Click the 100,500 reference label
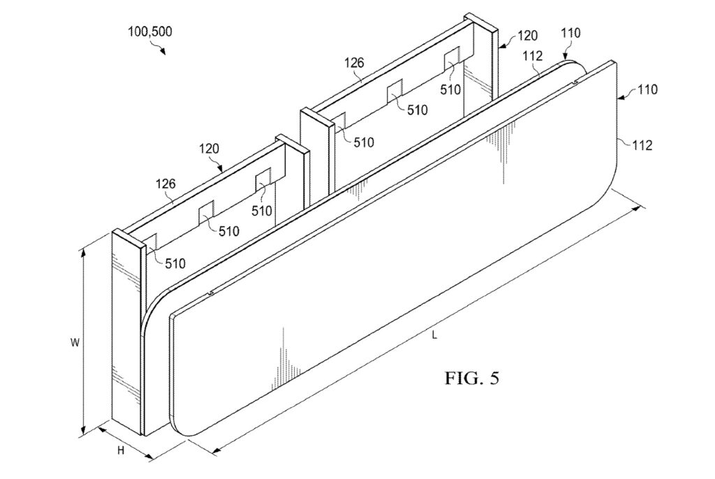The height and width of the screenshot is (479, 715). (x=149, y=31)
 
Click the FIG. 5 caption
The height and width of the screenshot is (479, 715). (x=472, y=378)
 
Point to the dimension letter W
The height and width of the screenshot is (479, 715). (x=75, y=343)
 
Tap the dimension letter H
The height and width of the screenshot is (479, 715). (x=121, y=450)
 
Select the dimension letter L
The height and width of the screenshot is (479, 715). (x=434, y=335)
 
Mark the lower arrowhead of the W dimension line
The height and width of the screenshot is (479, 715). (x=84, y=431)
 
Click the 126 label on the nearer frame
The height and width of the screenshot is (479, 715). (x=165, y=184)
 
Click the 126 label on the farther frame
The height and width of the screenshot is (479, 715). (x=354, y=63)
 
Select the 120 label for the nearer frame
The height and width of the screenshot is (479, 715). (x=209, y=149)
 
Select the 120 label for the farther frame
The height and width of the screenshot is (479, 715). (x=528, y=35)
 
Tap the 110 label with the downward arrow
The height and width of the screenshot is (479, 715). (x=571, y=33)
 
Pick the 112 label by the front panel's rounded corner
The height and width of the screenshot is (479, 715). (x=643, y=145)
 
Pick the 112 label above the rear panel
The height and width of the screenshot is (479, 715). (x=533, y=56)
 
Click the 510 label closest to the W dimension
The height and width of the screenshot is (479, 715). (x=175, y=264)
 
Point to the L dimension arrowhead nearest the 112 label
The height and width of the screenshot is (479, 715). (x=641, y=208)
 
